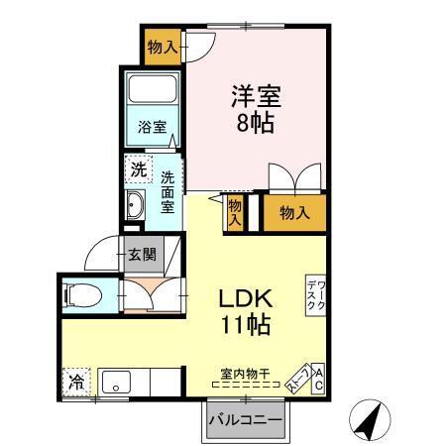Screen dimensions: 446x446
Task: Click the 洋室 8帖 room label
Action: [x=257, y=111]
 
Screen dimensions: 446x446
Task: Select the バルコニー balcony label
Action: [x=245, y=419]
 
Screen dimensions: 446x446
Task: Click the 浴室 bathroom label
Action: [x=152, y=128]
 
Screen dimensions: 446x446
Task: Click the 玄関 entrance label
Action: [x=141, y=254]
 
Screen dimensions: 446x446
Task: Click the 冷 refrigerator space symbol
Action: [x=75, y=379]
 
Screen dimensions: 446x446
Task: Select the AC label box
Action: [x=318, y=378]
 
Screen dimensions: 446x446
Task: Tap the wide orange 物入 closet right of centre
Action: [x=294, y=212]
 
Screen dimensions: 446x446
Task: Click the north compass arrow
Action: [x=368, y=420]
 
